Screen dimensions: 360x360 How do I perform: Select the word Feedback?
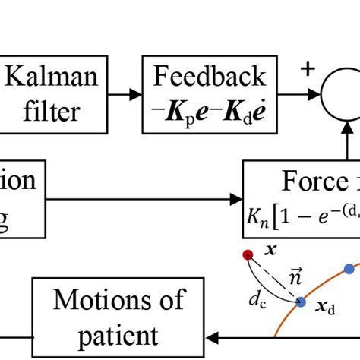210,76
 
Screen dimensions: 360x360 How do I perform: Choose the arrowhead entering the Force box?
236,199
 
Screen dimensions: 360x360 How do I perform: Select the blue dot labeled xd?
301,302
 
